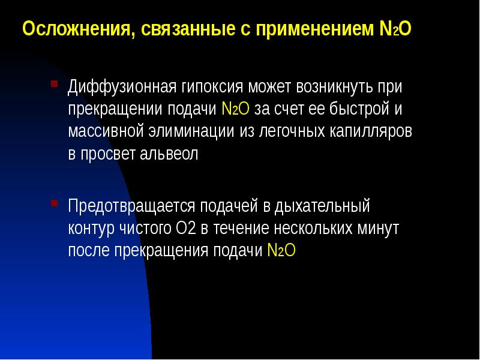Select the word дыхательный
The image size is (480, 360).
pyautogui.click(x=322, y=206)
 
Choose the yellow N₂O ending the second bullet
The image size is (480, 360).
pyautogui.click(x=281, y=251)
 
